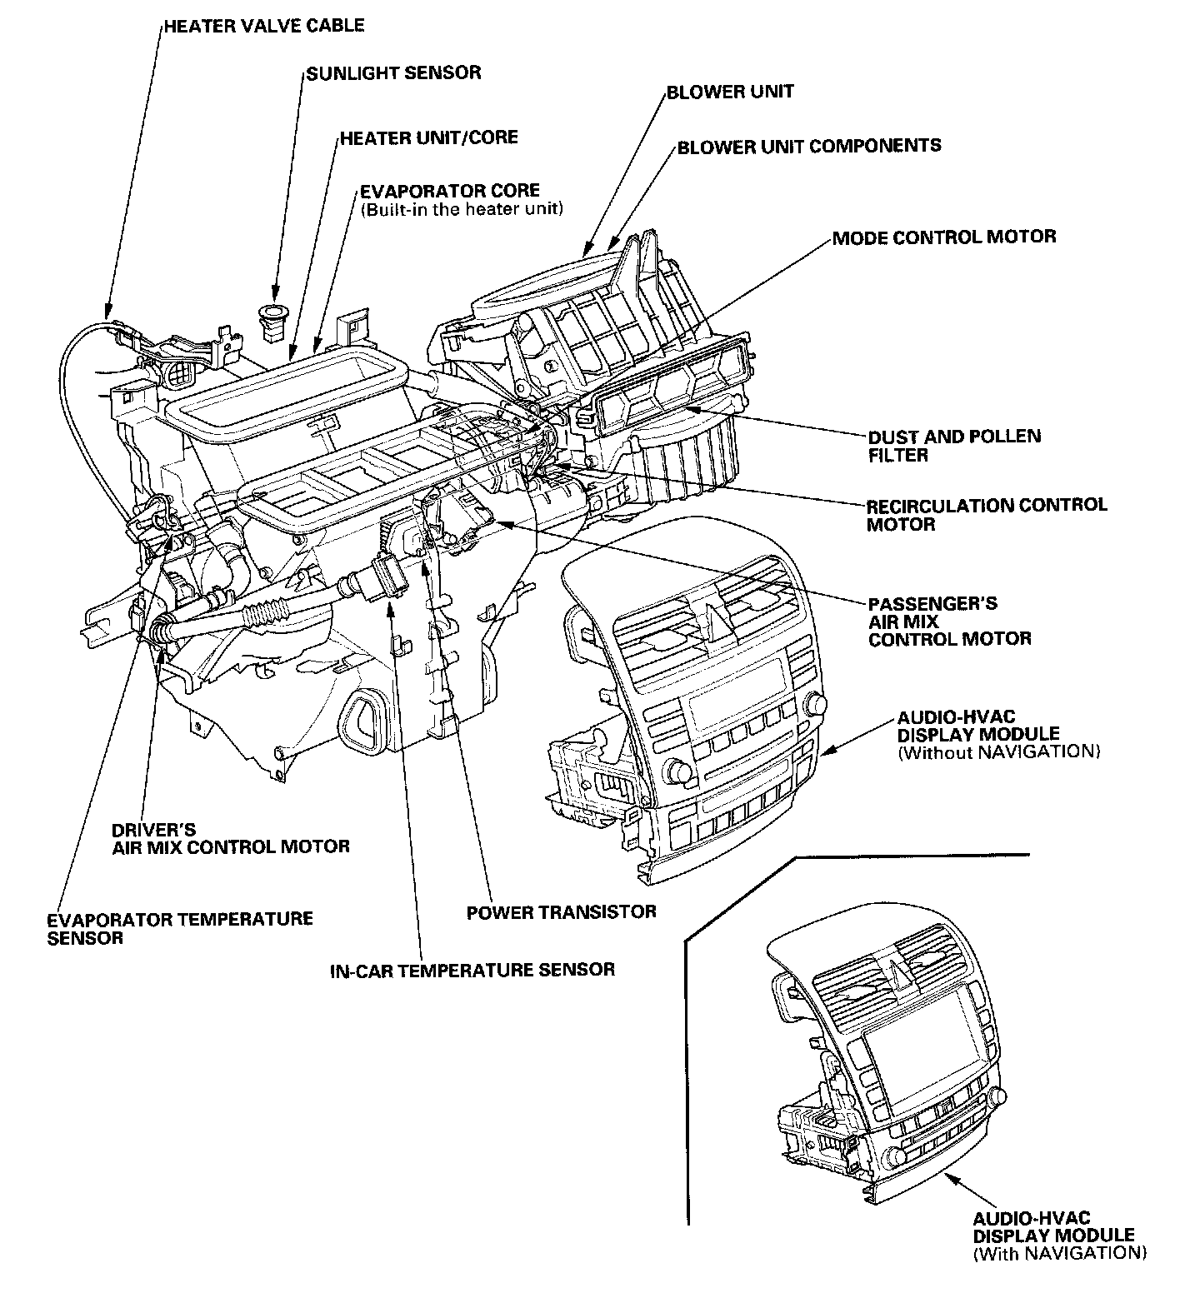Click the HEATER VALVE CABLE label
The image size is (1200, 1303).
[263, 25]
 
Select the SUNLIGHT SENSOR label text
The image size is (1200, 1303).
[393, 72]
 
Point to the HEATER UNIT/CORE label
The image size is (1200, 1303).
[428, 137]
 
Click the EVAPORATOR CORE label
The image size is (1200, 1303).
[450, 190]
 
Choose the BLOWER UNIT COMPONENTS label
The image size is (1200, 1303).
[809, 146]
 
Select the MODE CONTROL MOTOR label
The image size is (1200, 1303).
[944, 237]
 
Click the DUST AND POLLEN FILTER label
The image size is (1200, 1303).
[954, 446]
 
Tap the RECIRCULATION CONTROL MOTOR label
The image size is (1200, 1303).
[987, 514]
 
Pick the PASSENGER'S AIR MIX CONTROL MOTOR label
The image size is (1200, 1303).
[949, 621]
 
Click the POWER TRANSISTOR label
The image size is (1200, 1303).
[561, 911]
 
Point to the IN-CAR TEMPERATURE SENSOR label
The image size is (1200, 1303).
[472, 969]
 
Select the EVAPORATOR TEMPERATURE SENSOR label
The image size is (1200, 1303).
[180, 928]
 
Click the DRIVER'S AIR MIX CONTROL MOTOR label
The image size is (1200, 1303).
[231, 838]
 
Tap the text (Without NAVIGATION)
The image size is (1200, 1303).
[999, 751]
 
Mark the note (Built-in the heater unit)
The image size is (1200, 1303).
[462, 209]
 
